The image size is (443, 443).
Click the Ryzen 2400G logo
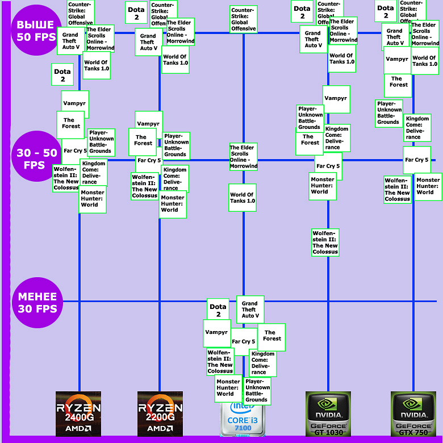(78, 413)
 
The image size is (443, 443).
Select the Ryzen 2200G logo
(160, 413)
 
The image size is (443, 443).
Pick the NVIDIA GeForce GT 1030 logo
(328, 413)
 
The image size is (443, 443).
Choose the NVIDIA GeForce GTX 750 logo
(413, 413)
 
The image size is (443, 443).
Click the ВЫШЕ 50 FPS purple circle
(35, 31)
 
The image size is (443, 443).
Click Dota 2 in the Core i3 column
(218, 310)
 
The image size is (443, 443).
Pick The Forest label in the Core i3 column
(271, 336)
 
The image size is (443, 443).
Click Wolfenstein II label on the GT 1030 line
(325, 243)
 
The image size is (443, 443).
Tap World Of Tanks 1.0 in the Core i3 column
(243, 198)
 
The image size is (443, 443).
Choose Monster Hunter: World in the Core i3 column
(228, 388)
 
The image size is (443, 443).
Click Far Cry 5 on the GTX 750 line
(417, 160)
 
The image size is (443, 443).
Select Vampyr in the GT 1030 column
(336, 99)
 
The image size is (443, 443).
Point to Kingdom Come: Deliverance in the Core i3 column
(263, 363)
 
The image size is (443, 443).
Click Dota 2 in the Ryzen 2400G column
(62, 75)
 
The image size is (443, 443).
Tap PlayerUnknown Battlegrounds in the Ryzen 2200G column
(175, 145)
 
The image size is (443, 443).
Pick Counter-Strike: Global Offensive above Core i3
(243, 19)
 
